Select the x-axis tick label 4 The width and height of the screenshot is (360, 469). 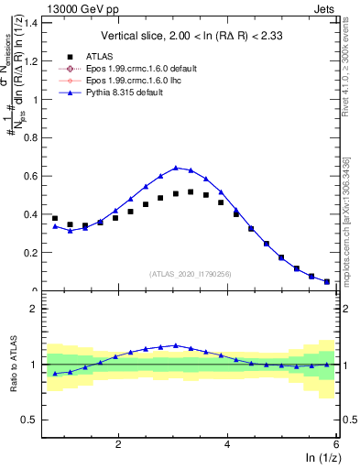click(227, 444)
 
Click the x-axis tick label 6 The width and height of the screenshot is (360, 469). click(336, 444)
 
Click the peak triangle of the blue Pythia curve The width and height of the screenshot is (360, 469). click(176, 168)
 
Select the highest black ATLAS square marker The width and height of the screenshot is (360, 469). click(191, 191)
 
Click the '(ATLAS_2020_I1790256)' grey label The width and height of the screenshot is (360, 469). click(191, 274)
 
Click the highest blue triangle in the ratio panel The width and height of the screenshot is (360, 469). click(176, 345)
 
